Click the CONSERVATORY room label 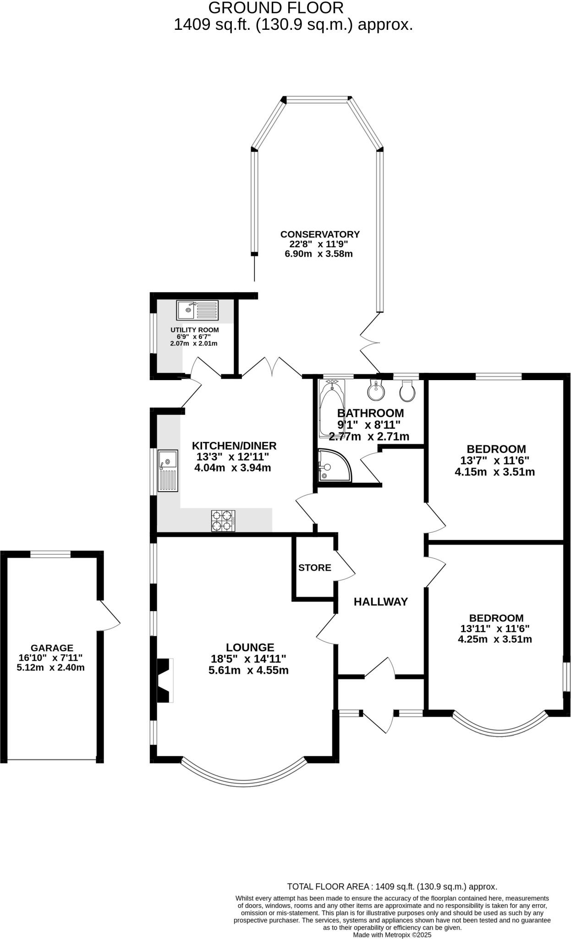320,234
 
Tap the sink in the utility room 198,310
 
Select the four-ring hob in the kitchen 223,521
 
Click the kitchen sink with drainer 168,471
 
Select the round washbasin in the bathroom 377,391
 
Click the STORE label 314,568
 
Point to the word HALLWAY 380,602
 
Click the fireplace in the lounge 165,680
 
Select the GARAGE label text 52,648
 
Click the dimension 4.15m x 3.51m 494,472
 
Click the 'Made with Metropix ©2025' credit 392,934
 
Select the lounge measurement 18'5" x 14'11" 248,659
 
